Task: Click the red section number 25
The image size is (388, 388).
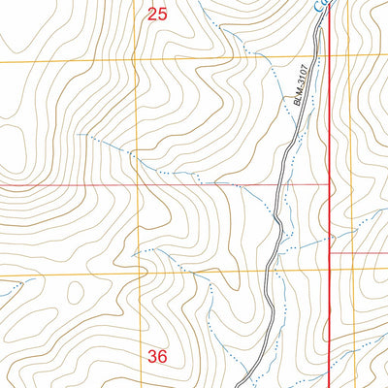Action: tap(157, 14)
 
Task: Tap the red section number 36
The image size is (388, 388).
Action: tap(157, 356)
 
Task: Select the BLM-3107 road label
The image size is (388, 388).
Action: tap(302, 88)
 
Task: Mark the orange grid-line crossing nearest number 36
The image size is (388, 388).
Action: tap(145, 275)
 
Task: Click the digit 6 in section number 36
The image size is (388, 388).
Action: tap(162, 356)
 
